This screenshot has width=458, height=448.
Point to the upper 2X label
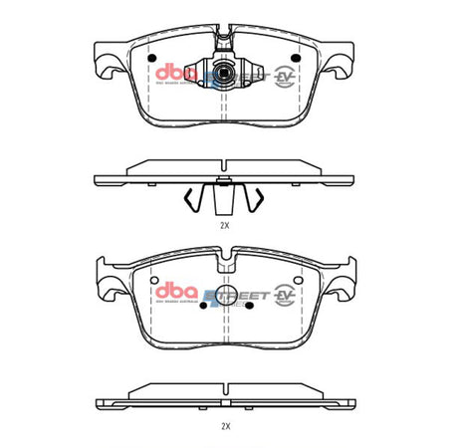coord(225,226)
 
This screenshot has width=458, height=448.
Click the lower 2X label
coord(225,425)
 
